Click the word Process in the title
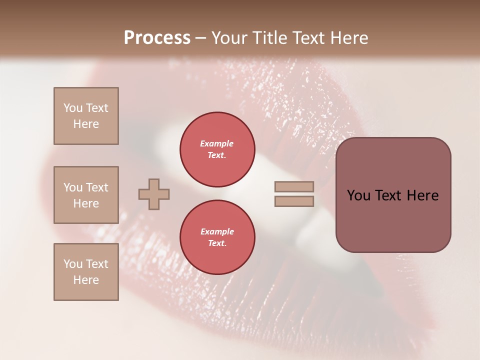(x=157, y=37)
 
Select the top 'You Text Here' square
(x=86, y=116)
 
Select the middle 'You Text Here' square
(x=86, y=195)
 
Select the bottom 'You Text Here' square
(x=86, y=271)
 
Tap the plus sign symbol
(x=154, y=194)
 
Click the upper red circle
(x=217, y=149)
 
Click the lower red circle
(x=217, y=237)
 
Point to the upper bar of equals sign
(x=294, y=186)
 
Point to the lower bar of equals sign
(x=294, y=201)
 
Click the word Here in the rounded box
(x=422, y=195)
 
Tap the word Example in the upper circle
(x=217, y=143)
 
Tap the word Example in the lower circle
(x=217, y=231)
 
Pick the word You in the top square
(x=72, y=108)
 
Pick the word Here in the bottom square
(x=86, y=280)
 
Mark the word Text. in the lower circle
(x=217, y=243)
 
